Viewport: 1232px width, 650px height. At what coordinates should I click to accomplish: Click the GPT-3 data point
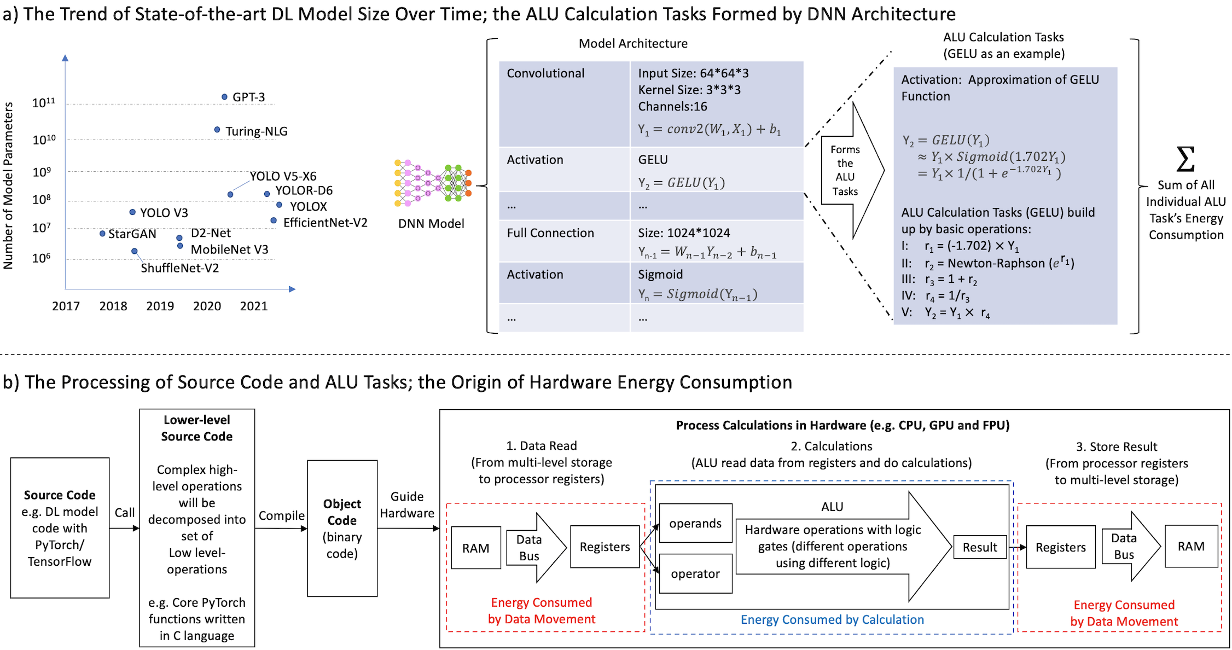224,97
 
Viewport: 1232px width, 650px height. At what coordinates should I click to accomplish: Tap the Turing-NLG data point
217,130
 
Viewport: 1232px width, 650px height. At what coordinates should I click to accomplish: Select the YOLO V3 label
164,213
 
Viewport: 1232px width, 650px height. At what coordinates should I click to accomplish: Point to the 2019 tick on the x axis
160,306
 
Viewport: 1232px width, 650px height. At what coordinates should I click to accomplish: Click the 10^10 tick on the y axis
44,140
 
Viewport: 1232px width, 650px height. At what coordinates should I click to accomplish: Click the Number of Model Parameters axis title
8,186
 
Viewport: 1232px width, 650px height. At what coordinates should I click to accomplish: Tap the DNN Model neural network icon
432,183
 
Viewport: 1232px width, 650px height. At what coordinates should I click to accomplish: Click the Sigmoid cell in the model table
660,274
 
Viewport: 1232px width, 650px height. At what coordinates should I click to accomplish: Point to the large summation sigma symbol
1185,159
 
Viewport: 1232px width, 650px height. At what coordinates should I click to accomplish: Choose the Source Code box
60,527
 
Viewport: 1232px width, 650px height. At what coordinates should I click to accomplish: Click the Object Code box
342,528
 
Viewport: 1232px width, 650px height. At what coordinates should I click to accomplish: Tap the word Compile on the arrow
281,515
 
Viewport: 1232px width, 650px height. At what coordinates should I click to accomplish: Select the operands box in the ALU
695,523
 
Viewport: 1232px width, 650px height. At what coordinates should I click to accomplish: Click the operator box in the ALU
695,573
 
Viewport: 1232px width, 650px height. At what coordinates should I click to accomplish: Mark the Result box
980,547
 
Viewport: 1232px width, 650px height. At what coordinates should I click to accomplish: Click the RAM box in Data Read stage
475,548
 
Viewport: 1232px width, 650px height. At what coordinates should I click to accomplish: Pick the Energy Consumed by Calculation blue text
832,619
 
